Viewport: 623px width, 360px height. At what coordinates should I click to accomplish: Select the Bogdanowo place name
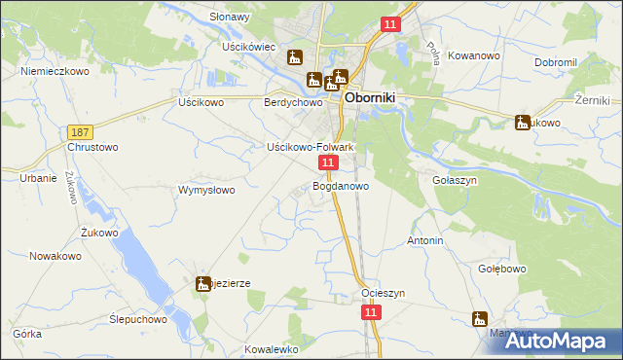point(341,185)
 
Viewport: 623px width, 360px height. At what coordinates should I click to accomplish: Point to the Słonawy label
point(230,18)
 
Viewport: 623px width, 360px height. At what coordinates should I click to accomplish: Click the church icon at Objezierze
point(203,284)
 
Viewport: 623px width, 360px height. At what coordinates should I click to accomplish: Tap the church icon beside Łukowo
point(522,123)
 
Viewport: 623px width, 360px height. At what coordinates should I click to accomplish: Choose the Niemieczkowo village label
point(55,72)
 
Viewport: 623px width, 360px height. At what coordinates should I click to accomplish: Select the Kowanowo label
point(476,56)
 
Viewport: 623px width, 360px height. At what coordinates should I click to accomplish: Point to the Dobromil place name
point(556,62)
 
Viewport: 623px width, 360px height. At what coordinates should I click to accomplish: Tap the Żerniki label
point(591,100)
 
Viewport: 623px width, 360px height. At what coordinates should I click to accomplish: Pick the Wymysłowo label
point(206,190)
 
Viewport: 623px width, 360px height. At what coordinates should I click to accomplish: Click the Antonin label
point(425,240)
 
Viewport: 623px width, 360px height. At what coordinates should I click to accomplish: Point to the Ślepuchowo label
point(138,319)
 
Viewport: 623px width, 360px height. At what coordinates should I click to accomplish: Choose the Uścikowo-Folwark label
point(310,147)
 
